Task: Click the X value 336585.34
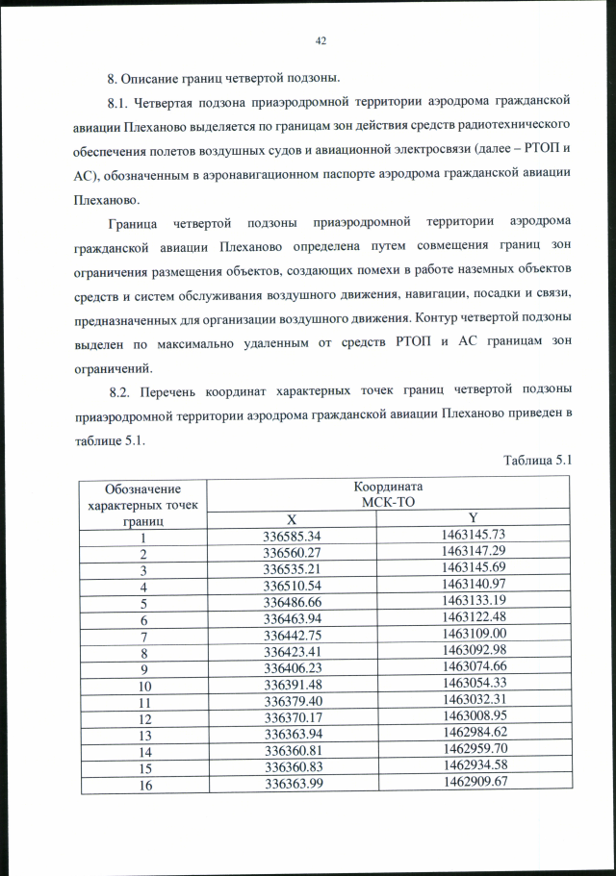coord(303,535)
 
